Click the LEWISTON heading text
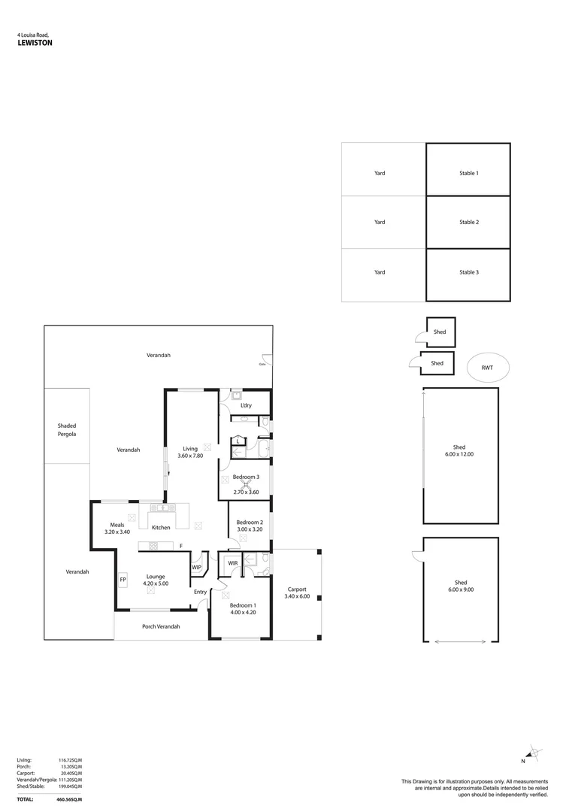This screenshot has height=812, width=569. click(35, 44)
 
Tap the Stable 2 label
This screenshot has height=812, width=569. click(468, 223)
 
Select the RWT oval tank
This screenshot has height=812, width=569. click(486, 368)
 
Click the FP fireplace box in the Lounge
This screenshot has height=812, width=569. click(123, 580)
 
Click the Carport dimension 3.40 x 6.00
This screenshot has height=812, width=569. click(297, 596)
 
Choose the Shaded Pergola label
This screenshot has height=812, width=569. click(67, 430)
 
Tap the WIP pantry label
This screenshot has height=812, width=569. click(196, 568)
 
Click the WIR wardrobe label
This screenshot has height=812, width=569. click(233, 562)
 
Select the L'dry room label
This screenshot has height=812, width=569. click(245, 405)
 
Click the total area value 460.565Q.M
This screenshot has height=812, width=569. click(70, 799)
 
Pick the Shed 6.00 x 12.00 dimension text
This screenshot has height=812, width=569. click(460, 455)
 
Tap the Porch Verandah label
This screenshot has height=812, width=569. click(161, 626)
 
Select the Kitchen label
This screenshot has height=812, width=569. click(161, 528)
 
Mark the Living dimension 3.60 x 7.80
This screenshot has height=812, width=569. click(189, 456)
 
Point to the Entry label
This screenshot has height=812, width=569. click(200, 592)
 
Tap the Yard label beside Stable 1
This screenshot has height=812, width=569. click(380, 174)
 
